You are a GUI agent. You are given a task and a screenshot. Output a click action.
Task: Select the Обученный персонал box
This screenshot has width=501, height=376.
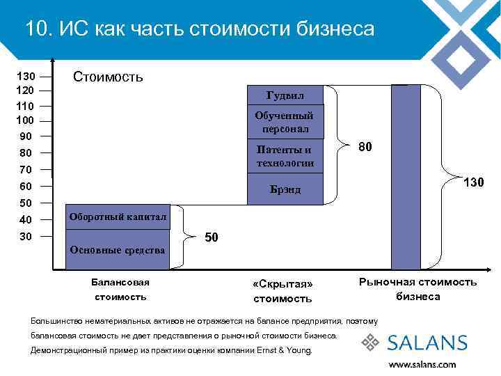[x=285, y=123]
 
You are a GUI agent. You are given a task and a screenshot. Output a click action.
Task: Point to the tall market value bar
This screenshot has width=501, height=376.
[x=406, y=177]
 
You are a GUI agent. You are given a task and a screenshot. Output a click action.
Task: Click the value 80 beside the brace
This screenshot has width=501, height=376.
[x=365, y=147]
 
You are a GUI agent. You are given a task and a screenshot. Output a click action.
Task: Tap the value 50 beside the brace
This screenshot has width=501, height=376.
[x=212, y=237]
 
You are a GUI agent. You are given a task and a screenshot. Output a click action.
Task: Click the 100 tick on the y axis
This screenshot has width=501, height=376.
[x=26, y=120]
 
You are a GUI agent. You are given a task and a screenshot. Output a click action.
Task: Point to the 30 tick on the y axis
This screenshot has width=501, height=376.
[x=26, y=237]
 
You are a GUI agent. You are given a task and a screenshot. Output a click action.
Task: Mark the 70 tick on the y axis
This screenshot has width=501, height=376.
[x=26, y=169]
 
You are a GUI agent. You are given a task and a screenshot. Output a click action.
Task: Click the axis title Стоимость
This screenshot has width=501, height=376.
[x=109, y=77]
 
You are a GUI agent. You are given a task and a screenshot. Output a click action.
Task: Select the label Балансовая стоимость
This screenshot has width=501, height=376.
[x=120, y=290]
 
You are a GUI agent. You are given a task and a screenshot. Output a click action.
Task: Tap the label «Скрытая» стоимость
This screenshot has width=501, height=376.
[x=283, y=292]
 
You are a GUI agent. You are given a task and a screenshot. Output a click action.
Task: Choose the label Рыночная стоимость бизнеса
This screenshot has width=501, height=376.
[x=417, y=289]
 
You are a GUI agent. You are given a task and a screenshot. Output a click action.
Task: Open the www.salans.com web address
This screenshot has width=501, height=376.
[x=422, y=363]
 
